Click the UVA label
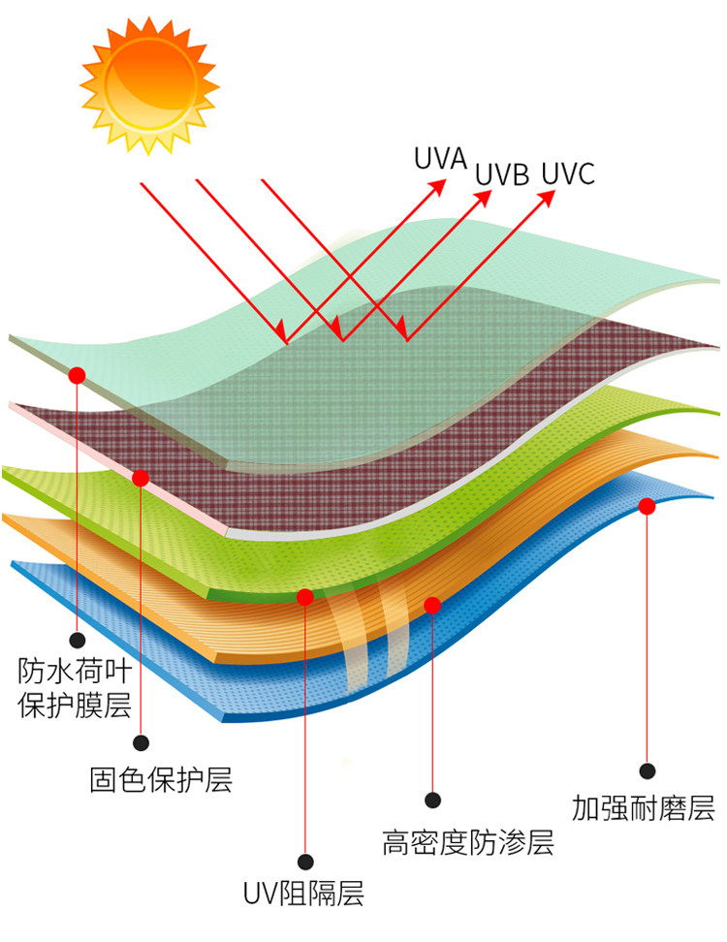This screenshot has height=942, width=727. tap(440, 158)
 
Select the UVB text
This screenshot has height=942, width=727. tap(502, 175)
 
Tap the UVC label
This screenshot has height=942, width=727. tap(567, 174)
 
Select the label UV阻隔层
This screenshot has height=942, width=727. tap(303, 894)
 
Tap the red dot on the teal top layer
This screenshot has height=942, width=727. tap(78, 374)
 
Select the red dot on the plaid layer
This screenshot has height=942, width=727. tap(141, 478)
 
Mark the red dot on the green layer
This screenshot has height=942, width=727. tap(305, 597)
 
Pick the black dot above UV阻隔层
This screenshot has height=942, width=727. tap(305, 862)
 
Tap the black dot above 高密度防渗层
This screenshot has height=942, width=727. tap(433, 801)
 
